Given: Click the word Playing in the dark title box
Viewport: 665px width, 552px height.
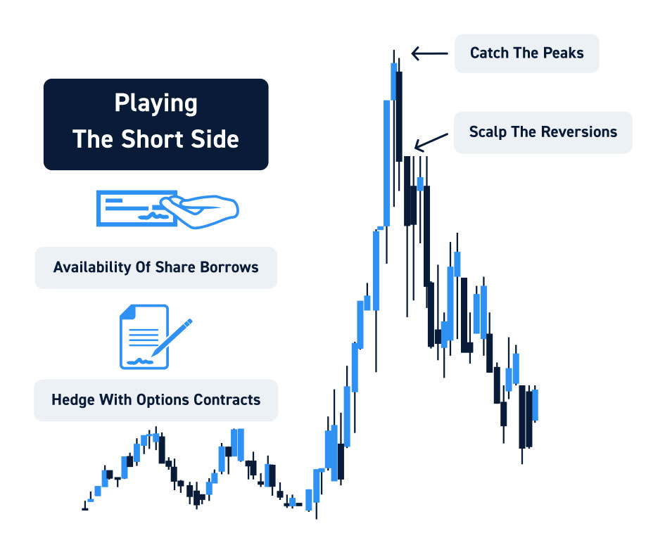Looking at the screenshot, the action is (x=156, y=103).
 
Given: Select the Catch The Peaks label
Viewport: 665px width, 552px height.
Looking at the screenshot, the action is (x=527, y=53).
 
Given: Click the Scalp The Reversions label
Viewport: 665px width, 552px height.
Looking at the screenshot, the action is (x=543, y=132).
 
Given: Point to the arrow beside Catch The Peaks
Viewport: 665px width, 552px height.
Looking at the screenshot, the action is (x=430, y=53).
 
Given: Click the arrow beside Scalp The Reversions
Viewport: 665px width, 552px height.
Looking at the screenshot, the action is (x=431, y=142).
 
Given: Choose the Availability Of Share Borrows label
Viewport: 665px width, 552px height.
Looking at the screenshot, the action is (x=156, y=268).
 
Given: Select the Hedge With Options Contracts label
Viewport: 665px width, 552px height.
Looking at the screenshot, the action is (x=156, y=400).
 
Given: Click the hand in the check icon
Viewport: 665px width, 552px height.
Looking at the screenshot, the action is (x=199, y=210).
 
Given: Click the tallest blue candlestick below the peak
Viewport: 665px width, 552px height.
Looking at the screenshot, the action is (x=387, y=163).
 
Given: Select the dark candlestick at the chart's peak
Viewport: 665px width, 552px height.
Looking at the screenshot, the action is (x=399, y=117).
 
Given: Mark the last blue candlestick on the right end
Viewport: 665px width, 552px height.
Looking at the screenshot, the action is (x=536, y=406).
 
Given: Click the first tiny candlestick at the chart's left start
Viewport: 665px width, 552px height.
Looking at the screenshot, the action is (x=85, y=506).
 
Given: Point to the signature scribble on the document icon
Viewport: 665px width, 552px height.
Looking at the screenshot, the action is (x=140, y=361).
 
